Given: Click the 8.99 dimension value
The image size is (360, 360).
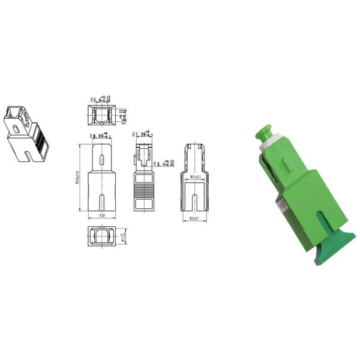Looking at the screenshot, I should point(98,137).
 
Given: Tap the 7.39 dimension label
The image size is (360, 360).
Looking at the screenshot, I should point(141,136).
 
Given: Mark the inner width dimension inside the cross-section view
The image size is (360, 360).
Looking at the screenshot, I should point(196,178).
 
